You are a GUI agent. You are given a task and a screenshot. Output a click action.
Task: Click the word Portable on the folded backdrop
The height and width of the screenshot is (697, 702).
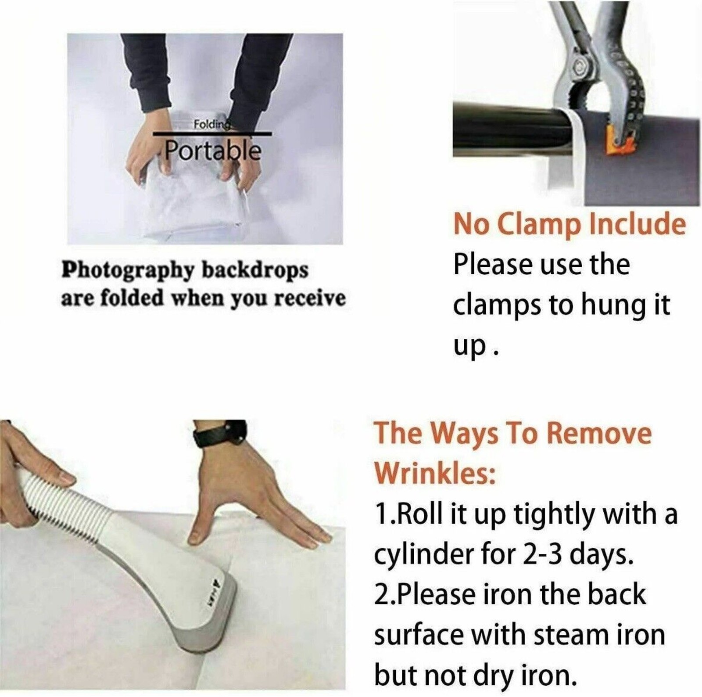(213, 152)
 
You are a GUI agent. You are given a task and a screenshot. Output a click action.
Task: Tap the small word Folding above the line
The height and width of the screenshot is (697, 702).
(212, 125)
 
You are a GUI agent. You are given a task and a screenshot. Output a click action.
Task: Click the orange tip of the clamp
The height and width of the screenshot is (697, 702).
(619, 140)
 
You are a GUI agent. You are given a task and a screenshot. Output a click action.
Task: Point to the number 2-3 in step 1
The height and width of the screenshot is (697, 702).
(541, 555)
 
